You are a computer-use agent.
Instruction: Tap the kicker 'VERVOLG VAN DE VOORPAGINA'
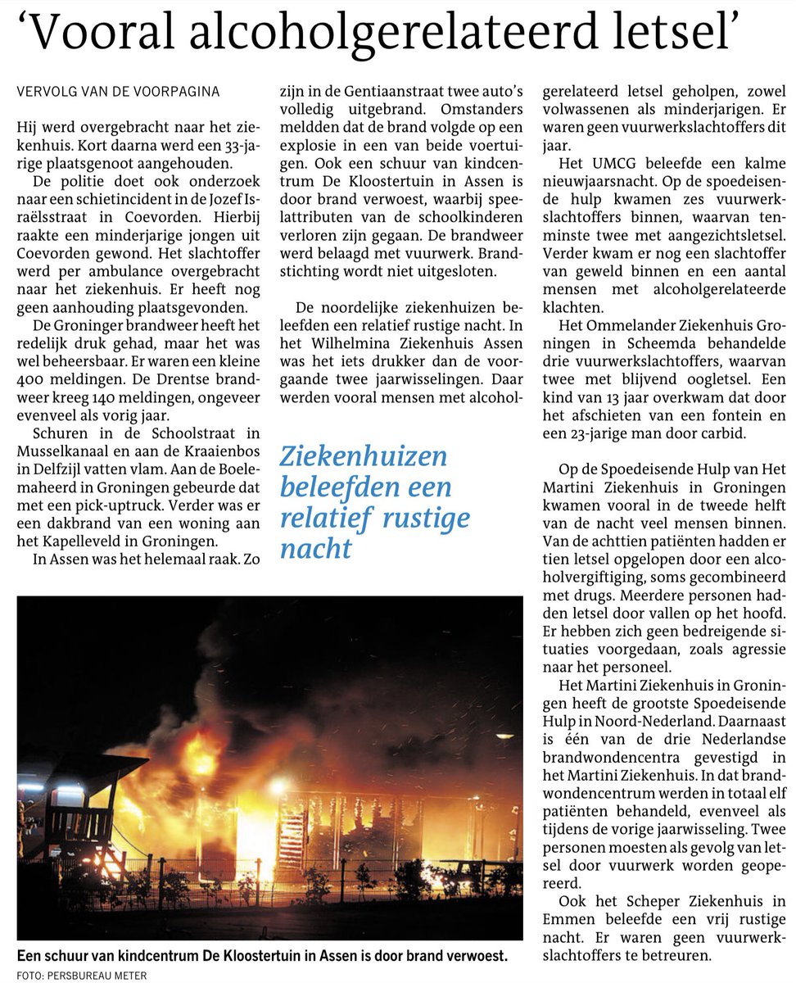pos(118,92)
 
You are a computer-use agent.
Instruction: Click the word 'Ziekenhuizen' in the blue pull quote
pos(363,456)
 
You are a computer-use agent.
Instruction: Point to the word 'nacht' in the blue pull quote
pos(315,548)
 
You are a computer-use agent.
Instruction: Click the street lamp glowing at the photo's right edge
pos(501,735)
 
